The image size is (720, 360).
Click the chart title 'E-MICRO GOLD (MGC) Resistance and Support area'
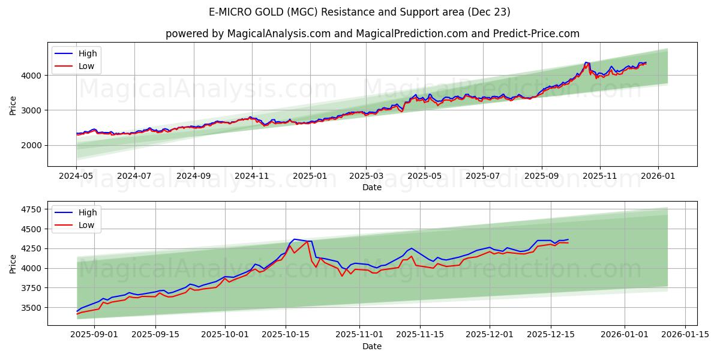359,12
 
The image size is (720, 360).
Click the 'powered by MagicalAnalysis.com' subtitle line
372,34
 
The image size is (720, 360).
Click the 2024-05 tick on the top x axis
76,176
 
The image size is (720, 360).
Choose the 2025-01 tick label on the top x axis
310,176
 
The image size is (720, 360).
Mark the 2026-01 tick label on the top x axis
658,176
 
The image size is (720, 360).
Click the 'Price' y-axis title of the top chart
13,106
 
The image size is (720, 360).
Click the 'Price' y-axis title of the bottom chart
13,263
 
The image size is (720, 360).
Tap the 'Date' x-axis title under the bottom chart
372,346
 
